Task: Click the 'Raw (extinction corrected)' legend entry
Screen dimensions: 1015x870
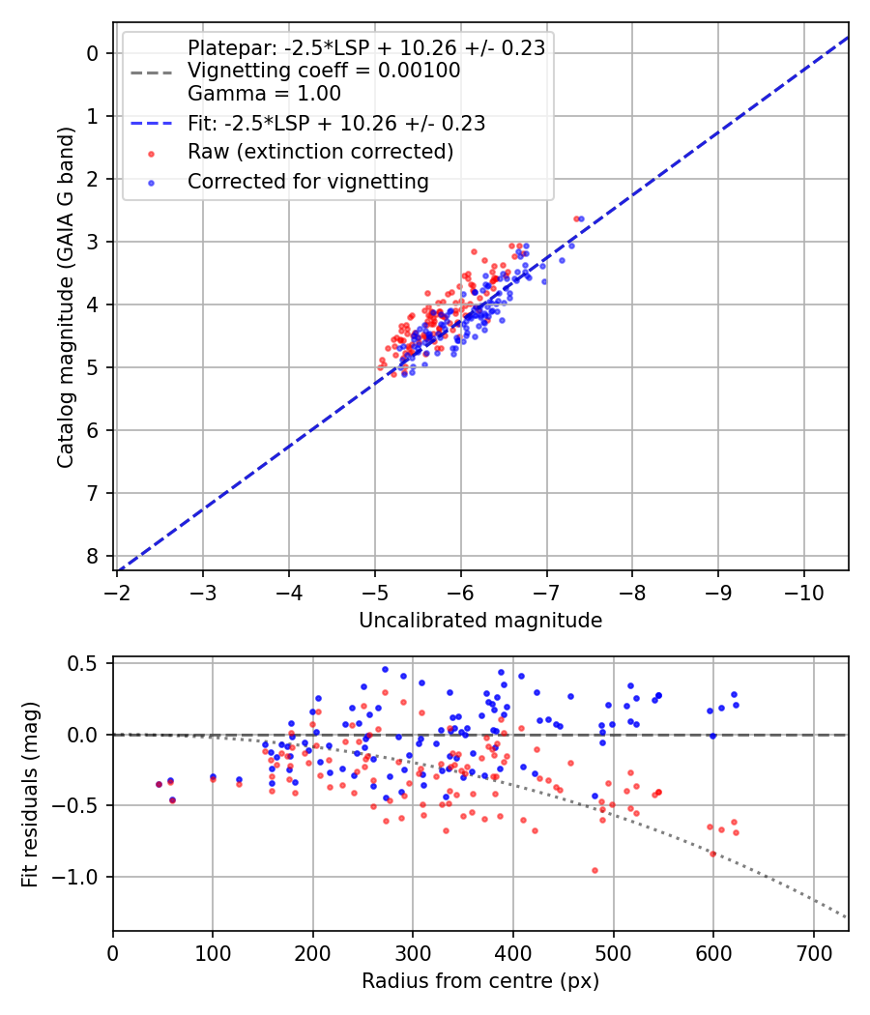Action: pyautogui.click(x=320, y=152)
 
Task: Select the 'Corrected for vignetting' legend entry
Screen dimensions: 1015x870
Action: pyautogui.click(x=308, y=181)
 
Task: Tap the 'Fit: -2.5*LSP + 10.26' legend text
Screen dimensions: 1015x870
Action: pyautogui.click(x=335, y=123)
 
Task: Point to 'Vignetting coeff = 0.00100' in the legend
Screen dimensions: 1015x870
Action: pyautogui.click(x=323, y=71)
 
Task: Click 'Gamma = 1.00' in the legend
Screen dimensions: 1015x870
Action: pyautogui.click(x=264, y=94)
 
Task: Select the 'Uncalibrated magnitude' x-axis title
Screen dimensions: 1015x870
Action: pyautogui.click(x=480, y=621)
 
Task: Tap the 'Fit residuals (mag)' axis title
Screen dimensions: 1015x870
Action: pyautogui.click(x=29, y=794)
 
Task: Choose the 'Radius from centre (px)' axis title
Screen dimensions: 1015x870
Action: pyautogui.click(x=480, y=981)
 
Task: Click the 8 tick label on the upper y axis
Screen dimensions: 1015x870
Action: pyautogui.click(x=93, y=556)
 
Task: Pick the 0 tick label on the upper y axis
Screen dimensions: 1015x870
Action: pyautogui.click(x=93, y=53)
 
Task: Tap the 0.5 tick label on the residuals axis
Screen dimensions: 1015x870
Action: pyautogui.click(x=87, y=664)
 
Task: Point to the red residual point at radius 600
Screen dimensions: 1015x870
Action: pyautogui.click(x=713, y=854)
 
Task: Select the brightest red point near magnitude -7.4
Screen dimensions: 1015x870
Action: pyautogui.click(x=576, y=218)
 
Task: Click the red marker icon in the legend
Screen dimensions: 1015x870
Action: pyautogui.click(x=150, y=153)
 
